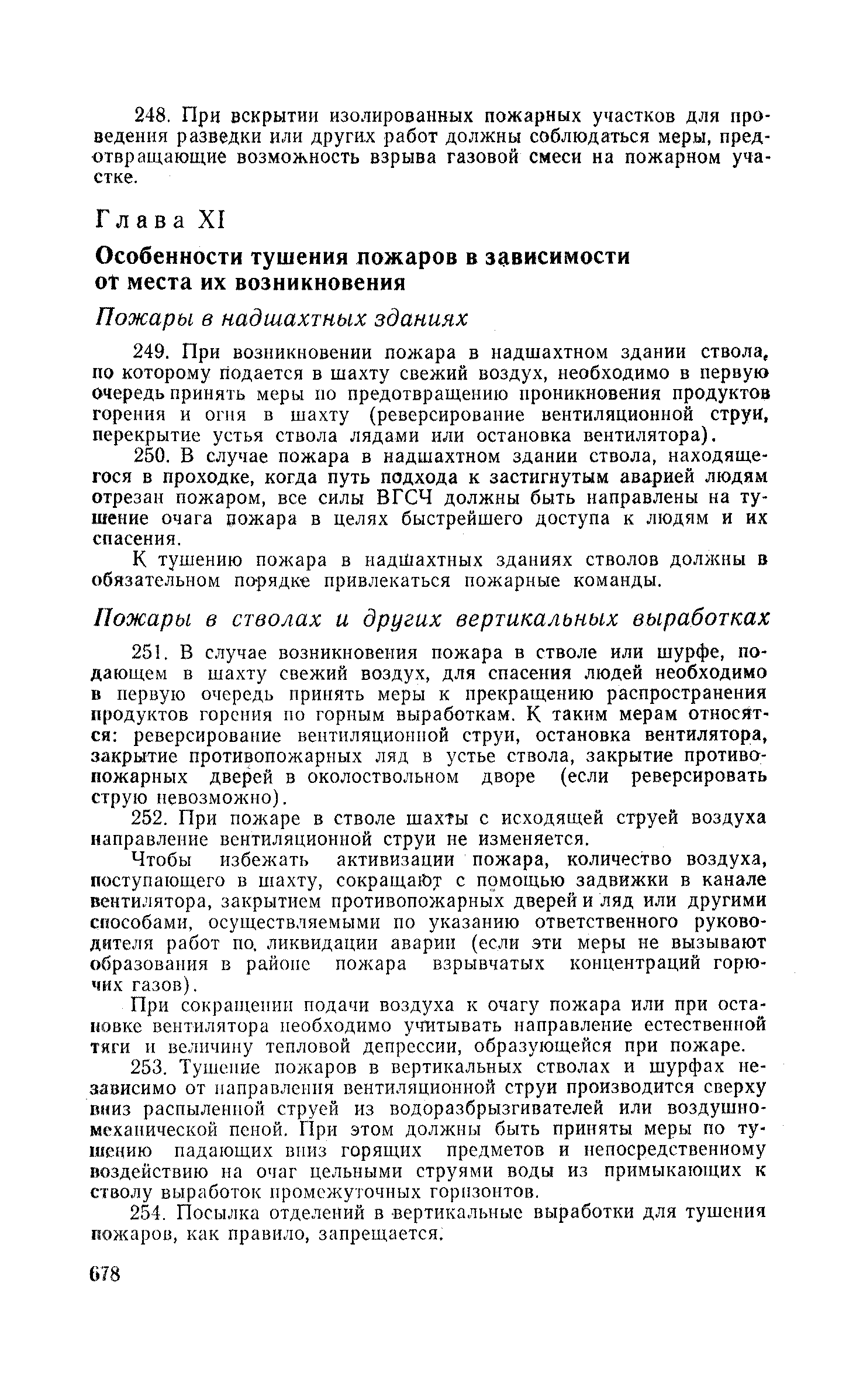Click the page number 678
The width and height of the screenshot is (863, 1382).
106,1274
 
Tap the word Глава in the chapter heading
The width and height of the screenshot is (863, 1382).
140,221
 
